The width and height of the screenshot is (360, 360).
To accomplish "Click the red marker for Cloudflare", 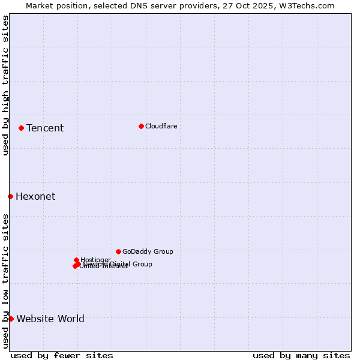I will click(141, 126).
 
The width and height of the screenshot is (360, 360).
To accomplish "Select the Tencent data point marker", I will click(21, 128).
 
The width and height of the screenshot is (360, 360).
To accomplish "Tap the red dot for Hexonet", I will click(10, 196).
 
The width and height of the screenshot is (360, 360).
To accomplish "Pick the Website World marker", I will click(11, 319).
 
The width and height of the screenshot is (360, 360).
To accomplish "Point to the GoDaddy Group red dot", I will click(118, 251).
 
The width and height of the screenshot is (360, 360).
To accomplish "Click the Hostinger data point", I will click(76, 260).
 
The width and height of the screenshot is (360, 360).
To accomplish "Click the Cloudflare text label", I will click(161, 126).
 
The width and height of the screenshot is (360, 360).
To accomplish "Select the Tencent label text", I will click(45, 128).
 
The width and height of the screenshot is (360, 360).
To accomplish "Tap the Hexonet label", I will click(35, 196).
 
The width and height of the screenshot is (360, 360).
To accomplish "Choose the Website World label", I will click(50, 319).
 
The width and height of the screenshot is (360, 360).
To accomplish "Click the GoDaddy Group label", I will click(148, 251).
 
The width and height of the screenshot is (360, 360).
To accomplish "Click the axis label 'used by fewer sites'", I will click(62, 355).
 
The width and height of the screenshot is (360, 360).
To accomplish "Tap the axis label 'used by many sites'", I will click(301, 355).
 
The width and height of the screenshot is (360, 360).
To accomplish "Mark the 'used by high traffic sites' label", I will click(5, 85).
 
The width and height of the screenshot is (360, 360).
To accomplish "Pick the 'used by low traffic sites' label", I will click(5, 281).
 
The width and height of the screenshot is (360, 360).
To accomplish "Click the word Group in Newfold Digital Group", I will click(142, 264).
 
